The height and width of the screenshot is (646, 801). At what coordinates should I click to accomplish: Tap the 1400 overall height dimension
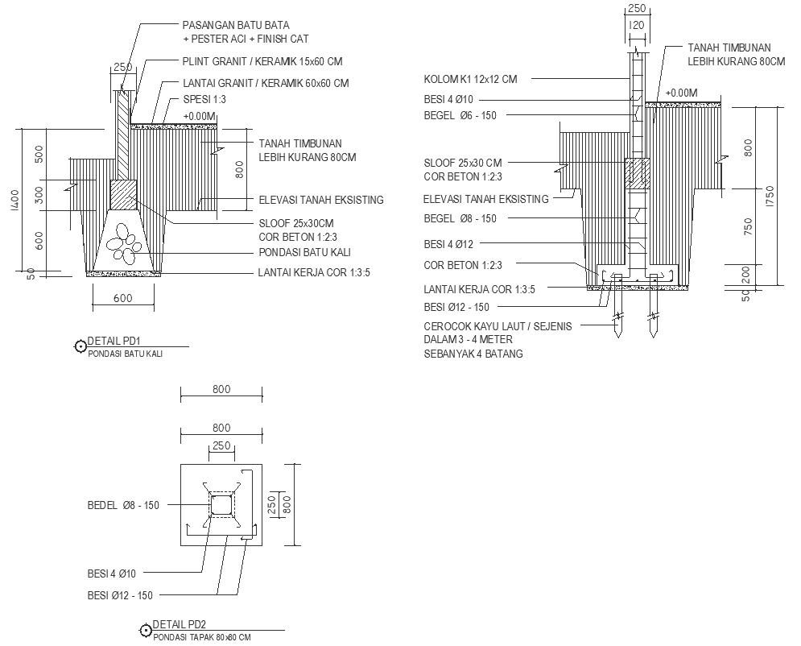click(x=15, y=201)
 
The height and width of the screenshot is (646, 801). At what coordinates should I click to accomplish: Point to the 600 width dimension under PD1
click(x=122, y=299)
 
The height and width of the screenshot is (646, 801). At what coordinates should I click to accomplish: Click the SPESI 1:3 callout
click(x=204, y=99)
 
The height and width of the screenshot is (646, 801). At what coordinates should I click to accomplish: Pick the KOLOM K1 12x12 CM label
click(x=470, y=79)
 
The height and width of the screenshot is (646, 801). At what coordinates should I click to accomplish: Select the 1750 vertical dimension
click(x=770, y=197)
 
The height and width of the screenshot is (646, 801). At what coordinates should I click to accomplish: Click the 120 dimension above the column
click(x=638, y=27)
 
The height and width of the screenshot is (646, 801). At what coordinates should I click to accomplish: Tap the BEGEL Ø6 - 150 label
click(x=460, y=116)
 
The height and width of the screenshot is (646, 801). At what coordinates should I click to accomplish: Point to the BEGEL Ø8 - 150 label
click(x=460, y=219)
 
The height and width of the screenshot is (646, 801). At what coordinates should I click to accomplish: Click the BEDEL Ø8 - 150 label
click(x=123, y=506)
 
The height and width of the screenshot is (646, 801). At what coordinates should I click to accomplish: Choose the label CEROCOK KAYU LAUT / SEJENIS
click(x=498, y=326)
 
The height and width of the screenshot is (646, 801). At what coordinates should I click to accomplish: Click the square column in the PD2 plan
click(x=221, y=506)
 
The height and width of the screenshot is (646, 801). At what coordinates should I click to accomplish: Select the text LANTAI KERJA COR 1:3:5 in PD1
click(x=315, y=273)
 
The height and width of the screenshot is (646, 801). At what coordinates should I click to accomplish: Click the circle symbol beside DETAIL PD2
click(x=146, y=632)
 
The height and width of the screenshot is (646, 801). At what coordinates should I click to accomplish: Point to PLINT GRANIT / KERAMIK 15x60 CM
click(x=263, y=61)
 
